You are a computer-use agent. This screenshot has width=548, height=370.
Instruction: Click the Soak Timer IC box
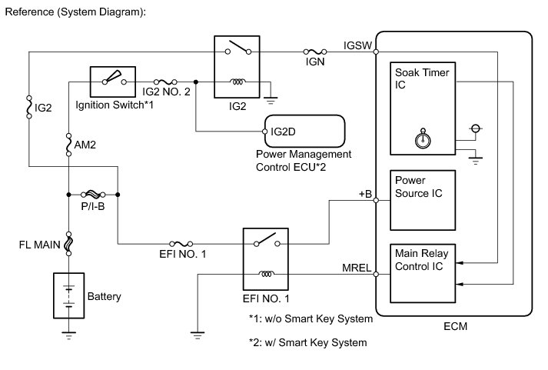coord(423,108)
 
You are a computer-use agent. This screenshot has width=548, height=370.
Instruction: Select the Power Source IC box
coord(423,201)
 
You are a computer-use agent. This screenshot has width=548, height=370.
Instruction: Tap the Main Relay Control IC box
coord(423,274)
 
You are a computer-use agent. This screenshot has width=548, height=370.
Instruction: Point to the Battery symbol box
coord(69,295)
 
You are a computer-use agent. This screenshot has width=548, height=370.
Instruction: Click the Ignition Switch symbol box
coord(113,82)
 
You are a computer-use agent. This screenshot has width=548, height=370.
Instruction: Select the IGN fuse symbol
coord(315,52)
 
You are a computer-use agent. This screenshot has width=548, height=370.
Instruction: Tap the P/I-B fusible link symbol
coord(93,194)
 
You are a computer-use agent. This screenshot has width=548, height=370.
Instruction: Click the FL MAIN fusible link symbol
coord(69,244)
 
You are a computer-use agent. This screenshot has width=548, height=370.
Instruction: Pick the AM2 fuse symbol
coord(69,145)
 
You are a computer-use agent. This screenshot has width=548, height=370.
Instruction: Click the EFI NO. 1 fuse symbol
coord(181,244)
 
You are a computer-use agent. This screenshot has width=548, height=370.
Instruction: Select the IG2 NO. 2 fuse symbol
coord(165,82)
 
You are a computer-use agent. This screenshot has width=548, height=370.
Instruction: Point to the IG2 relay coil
coord(237,82)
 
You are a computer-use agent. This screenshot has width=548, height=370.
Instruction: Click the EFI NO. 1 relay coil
coord(266,274)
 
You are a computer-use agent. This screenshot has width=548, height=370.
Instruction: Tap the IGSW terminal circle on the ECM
coord(376,52)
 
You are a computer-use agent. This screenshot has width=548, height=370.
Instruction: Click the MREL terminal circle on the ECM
coord(376,274)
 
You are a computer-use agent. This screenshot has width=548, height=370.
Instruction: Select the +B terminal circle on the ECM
coord(376,201)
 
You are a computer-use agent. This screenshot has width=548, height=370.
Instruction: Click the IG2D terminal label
coord(283,132)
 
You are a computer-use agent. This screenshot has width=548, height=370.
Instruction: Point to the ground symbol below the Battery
coord(69,335)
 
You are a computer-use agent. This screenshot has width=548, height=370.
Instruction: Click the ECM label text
coord(455,326)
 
